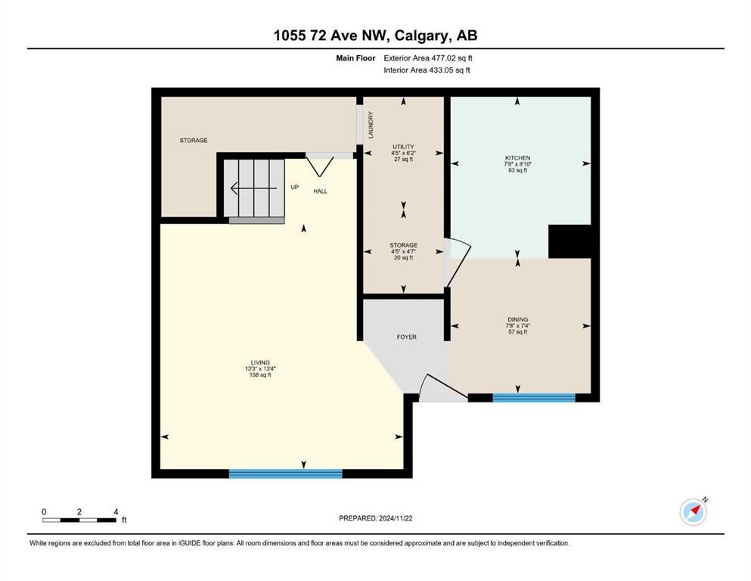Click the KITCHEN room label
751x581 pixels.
point(518,158)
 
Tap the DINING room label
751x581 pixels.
point(518,319)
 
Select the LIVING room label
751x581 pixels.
point(261,362)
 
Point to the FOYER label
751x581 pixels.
point(407,337)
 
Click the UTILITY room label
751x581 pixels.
point(404,147)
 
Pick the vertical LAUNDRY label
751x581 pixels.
point(371,125)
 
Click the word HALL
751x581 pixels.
point(321,191)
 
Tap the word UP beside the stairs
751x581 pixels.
point(294,188)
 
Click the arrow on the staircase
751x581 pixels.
point(254,188)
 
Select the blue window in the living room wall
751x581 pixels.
point(285,474)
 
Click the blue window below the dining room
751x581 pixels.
point(534,398)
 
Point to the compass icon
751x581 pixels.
point(694,511)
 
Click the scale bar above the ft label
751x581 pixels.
point(79,520)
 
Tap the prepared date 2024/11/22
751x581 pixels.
point(396,518)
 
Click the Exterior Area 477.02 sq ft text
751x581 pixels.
point(428,58)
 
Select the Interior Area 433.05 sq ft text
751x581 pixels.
point(427,70)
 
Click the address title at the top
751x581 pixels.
point(375,36)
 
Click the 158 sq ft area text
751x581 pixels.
point(261,375)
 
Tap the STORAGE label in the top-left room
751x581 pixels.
point(194,141)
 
